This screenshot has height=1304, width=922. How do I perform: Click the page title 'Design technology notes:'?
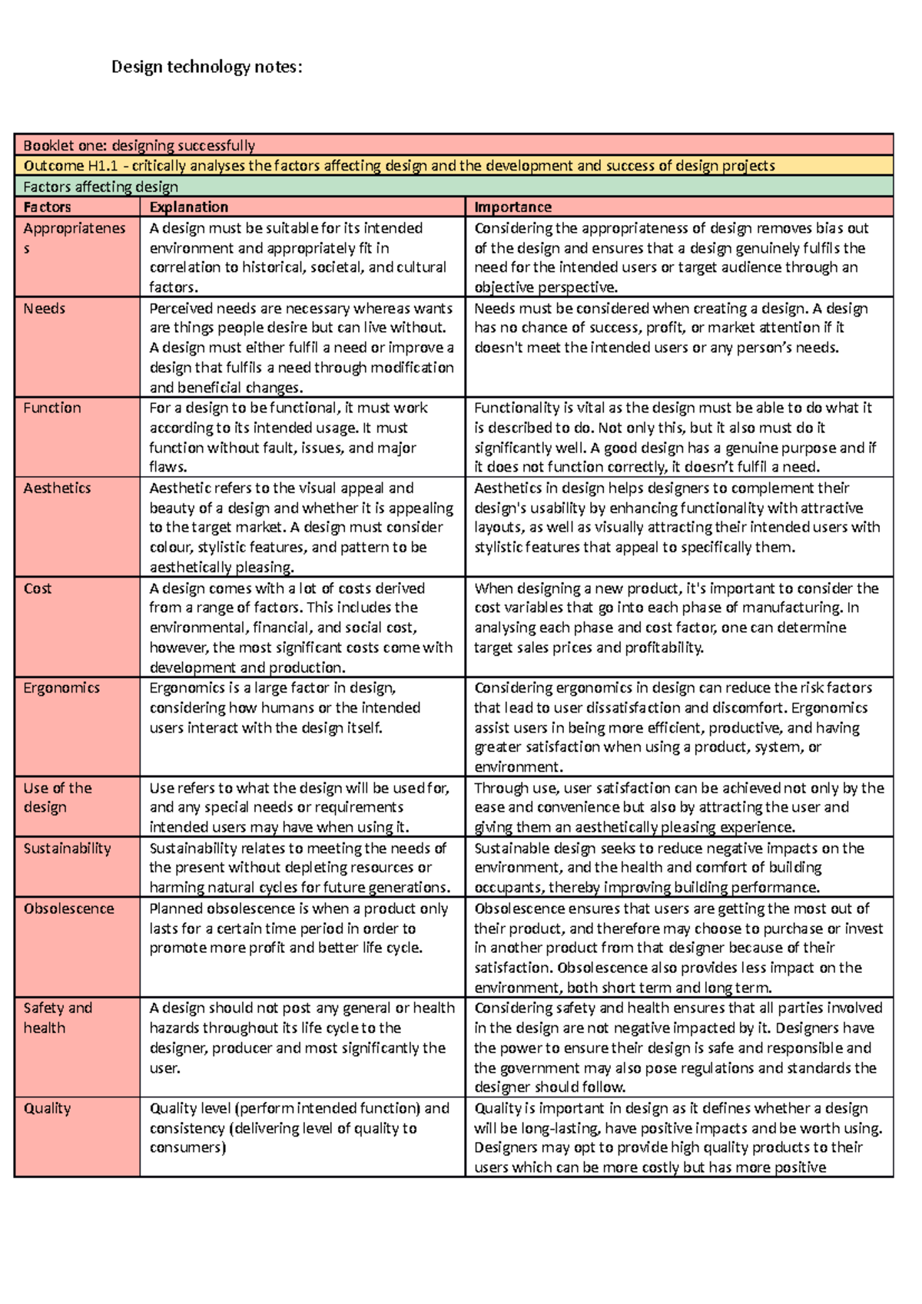coord(207,67)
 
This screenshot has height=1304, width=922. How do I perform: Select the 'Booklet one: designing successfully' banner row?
coord(139,145)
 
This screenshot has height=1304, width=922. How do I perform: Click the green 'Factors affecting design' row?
coord(101,187)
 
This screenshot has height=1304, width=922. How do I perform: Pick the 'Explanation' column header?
coord(189,207)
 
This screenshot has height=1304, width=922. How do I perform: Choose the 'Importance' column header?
coord(512,207)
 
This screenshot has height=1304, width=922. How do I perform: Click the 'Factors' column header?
coord(47,207)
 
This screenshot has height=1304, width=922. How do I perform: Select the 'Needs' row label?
coord(44,309)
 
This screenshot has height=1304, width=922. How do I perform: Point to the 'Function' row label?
coord(51,408)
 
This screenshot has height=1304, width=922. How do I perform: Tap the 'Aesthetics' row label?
coord(57,488)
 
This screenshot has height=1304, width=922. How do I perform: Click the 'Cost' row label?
coord(38,588)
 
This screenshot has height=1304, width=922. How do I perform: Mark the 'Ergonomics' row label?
coord(61,688)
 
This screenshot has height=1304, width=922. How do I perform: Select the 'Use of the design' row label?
coord(57,797)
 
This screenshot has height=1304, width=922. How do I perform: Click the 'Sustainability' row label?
coord(67,849)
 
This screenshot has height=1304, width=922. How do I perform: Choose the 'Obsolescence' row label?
coord(68,908)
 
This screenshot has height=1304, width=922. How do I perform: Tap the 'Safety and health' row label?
coord(57,1018)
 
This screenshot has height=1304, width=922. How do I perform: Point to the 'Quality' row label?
coord(47,1108)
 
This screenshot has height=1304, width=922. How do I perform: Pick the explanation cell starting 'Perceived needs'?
coord(301,347)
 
